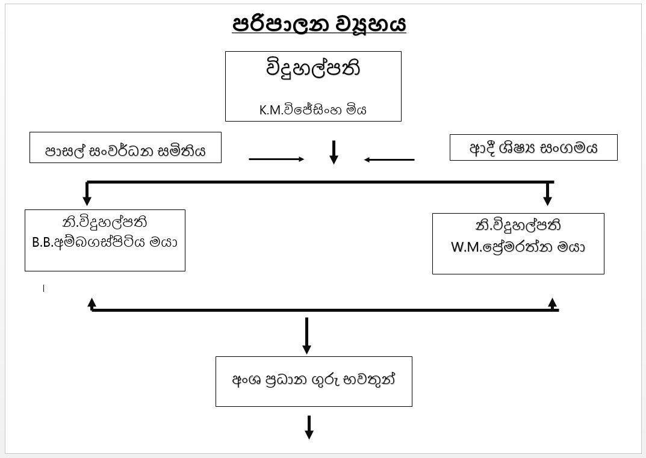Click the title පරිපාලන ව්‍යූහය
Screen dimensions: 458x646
(319, 25)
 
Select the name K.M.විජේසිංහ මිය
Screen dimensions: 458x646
(313, 110)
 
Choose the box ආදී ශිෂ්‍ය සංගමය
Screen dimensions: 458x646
(533, 147)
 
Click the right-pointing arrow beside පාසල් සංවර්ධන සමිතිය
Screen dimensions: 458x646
(276, 159)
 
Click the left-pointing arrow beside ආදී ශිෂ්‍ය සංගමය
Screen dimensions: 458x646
(390, 159)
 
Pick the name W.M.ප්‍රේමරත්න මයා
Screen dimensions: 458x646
(518, 247)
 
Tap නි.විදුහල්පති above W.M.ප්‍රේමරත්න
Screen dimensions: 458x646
(518, 226)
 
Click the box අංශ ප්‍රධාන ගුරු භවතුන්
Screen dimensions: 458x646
(314, 381)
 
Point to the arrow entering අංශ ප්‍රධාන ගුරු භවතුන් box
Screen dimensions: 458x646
(307, 337)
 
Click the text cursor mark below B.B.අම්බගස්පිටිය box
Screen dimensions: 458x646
(44, 288)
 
